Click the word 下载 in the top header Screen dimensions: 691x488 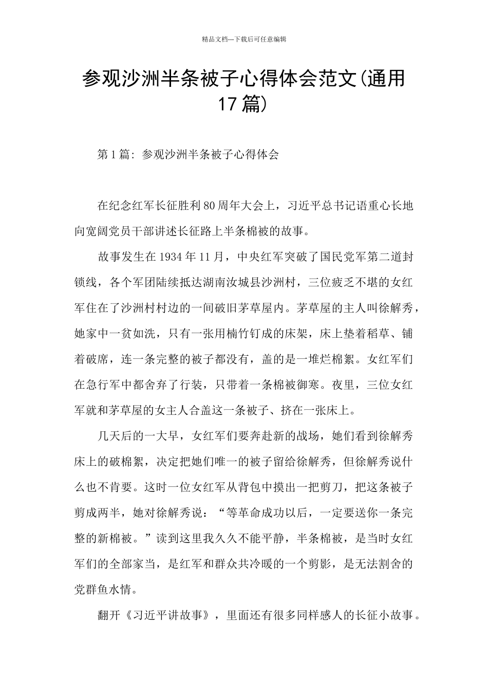[x=241, y=39]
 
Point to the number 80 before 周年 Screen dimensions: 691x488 [x=209, y=207]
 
